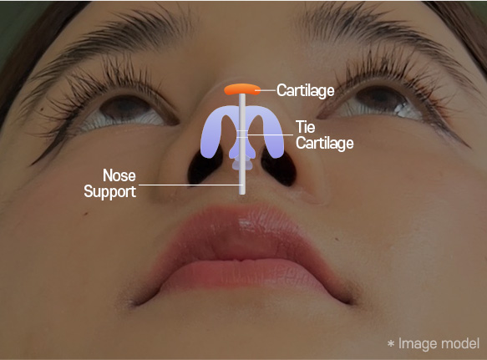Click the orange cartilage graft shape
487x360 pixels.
tap(242, 89)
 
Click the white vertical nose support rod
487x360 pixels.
tap(242, 143)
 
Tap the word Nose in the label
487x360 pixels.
tap(119, 175)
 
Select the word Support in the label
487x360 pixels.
tap(109, 191)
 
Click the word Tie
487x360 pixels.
tap(305, 127)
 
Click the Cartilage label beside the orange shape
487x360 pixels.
tap(305, 90)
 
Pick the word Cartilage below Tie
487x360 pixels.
tap(325, 143)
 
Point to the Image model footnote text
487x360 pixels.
tap(434, 343)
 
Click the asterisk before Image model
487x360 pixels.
tap(391, 343)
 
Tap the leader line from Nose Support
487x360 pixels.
tap(189, 185)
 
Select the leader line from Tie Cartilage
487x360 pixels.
tap(270, 134)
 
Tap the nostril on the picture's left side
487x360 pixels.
tap(204, 166)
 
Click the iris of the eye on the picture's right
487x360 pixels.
tap(379, 99)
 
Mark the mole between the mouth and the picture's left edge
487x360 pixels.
tap(86, 213)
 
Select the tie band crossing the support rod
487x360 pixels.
tap(242, 134)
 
